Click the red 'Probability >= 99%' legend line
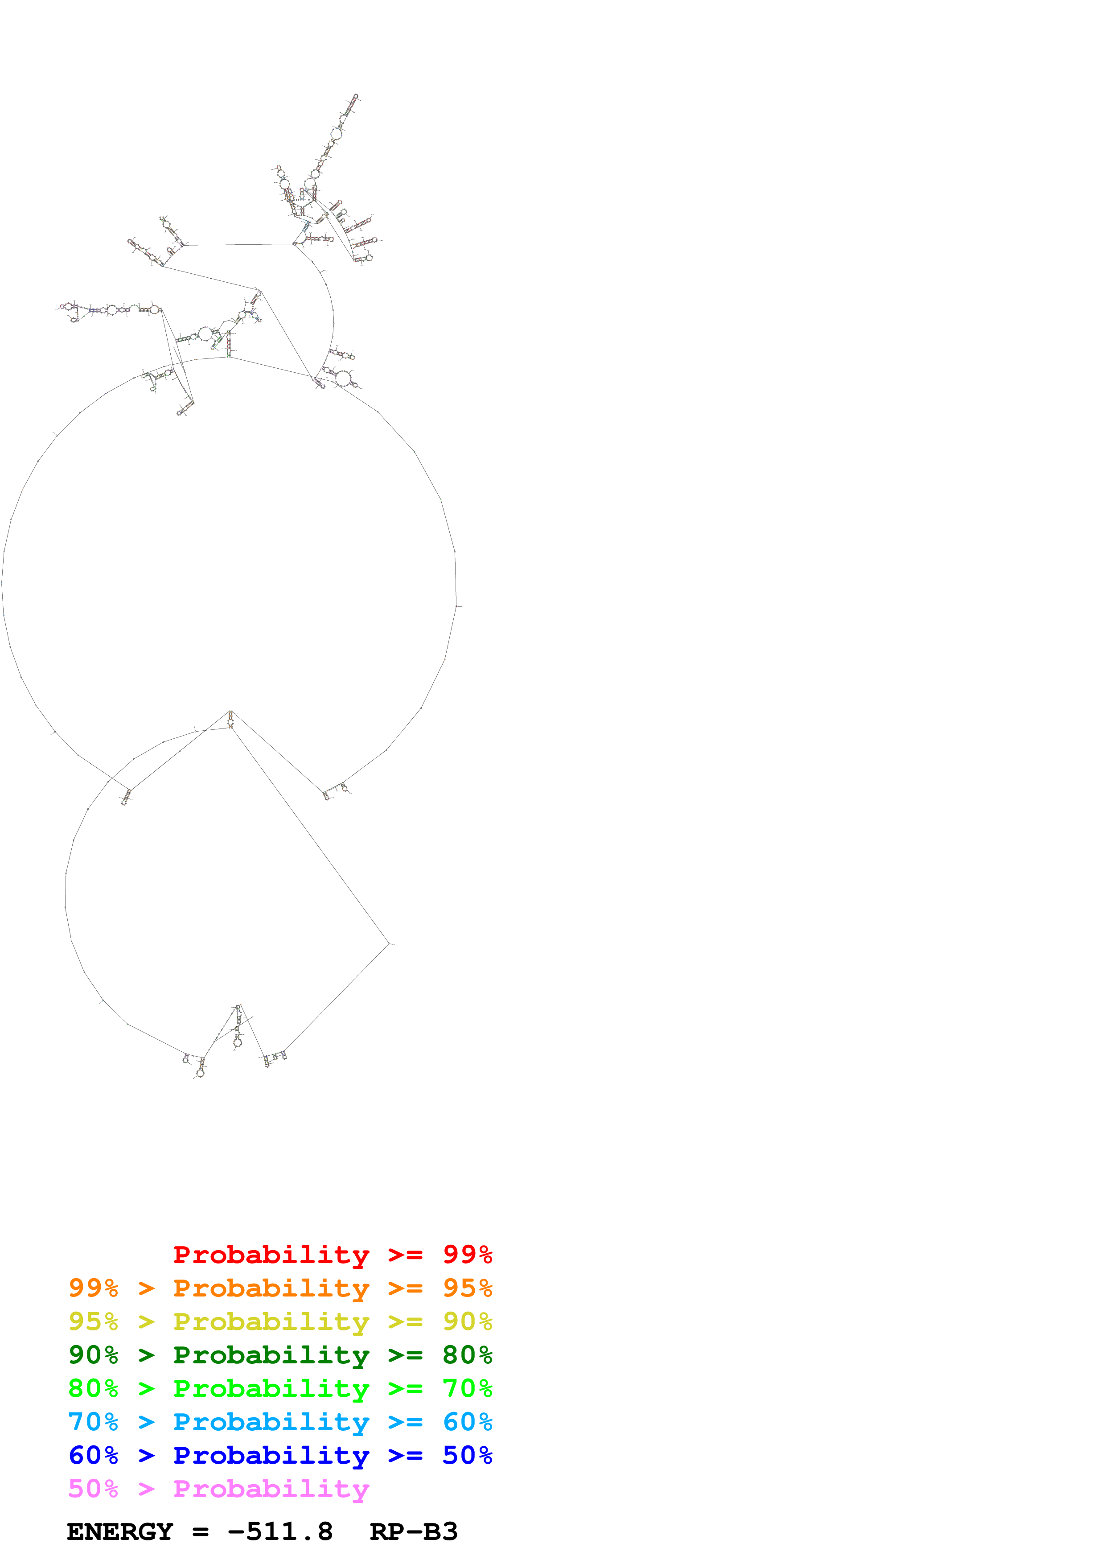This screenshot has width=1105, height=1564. [332, 1255]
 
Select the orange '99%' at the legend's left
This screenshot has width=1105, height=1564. [93, 1288]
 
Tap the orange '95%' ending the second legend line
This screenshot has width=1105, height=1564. [467, 1288]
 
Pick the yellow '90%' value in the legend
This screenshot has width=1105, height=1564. [467, 1321]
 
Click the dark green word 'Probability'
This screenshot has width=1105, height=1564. [271, 1355]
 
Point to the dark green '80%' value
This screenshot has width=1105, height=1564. [467, 1355]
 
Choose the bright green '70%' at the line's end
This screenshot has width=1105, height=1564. [467, 1388]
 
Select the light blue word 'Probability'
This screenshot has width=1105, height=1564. [271, 1422]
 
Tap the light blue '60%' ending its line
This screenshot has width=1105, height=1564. [467, 1422]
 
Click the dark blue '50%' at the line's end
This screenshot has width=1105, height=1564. [467, 1455]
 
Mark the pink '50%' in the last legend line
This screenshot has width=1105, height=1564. [93, 1488]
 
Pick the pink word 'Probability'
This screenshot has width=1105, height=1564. [271, 1488]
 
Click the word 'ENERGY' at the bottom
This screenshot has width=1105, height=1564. [120, 1531]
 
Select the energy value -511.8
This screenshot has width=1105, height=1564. [280, 1531]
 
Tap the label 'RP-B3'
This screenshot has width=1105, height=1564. [413, 1531]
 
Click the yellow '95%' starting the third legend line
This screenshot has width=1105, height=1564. [93, 1321]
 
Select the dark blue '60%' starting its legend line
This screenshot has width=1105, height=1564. [93, 1455]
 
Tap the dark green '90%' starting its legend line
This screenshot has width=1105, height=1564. [93, 1355]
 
